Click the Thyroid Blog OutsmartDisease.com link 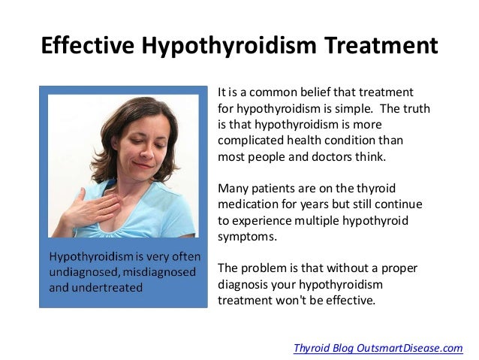378,347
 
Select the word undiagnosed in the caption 82,271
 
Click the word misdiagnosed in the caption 158,271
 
